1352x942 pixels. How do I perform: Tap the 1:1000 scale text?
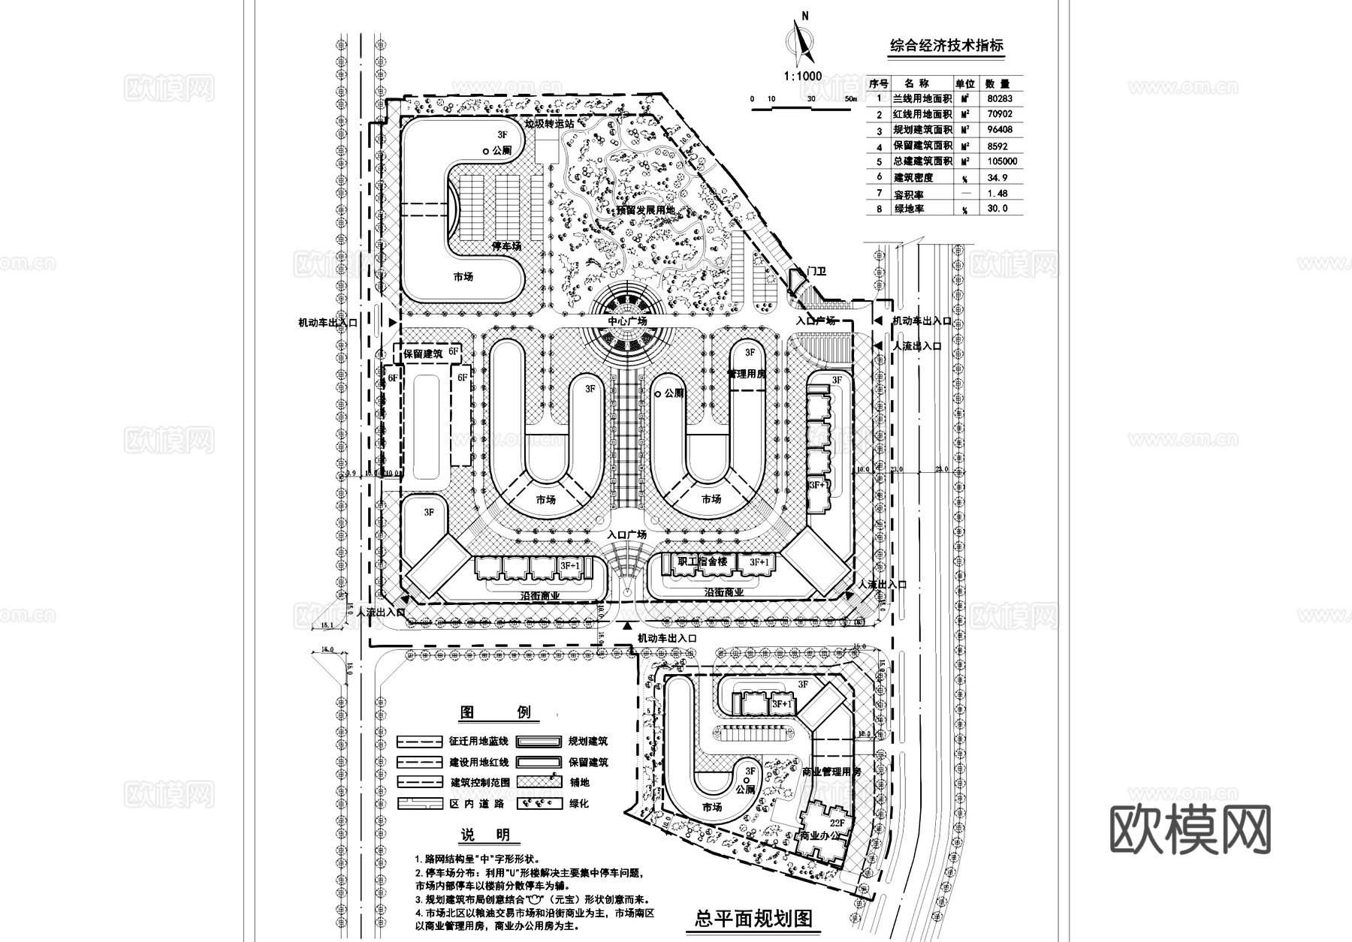[x=802, y=76]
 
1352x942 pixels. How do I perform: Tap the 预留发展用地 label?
[x=646, y=210]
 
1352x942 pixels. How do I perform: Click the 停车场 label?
[x=506, y=246]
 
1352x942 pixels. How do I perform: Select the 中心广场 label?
[x=627, y=321]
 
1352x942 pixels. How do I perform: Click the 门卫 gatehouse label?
[x=816, y=271]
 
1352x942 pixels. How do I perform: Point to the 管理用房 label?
[x=746, y=373]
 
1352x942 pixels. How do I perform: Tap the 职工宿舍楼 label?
[x=702, y=561]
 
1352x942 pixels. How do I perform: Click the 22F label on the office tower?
[x=837, y=823]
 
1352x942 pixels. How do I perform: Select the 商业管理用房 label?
[x=831, y=772]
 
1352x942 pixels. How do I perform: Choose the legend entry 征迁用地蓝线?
[x=478, y=741]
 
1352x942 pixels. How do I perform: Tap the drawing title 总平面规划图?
[x=753, y=918]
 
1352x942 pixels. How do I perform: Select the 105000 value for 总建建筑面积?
[x=998, y=161]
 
